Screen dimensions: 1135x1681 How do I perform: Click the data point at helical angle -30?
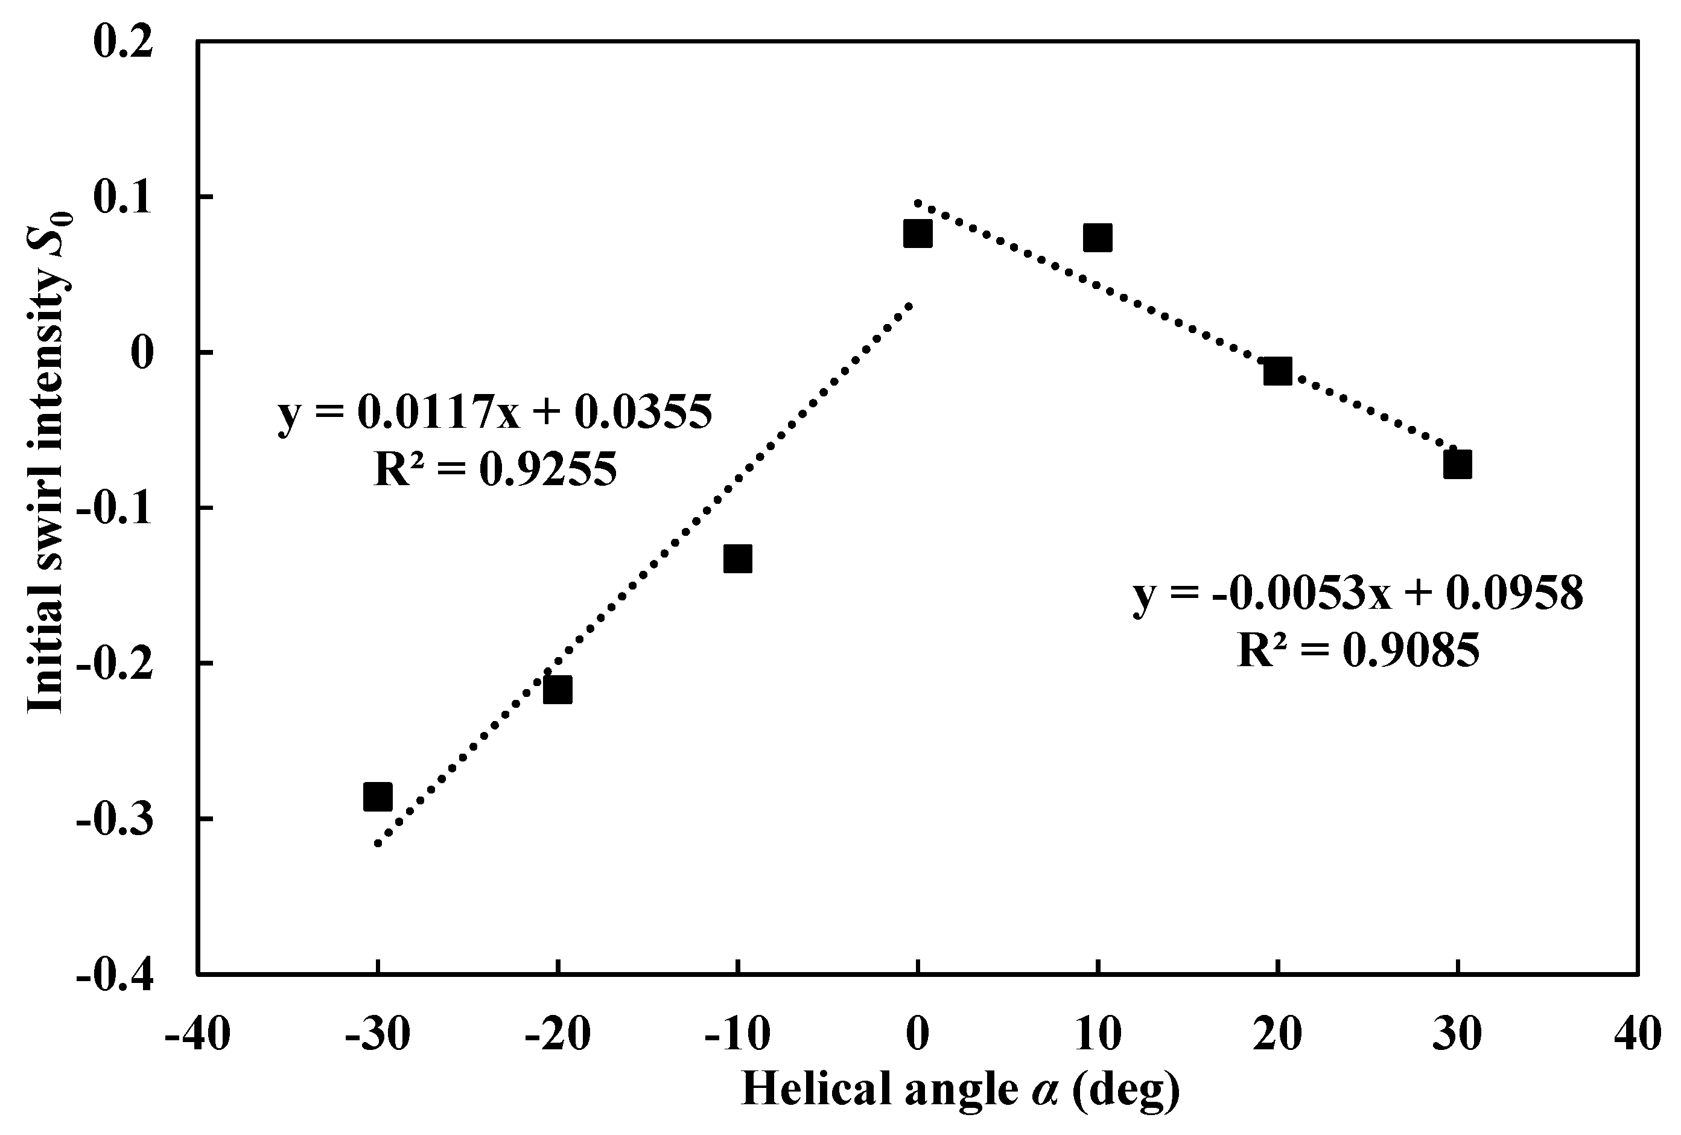point(378,796)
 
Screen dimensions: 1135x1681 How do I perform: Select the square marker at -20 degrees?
point(558,690)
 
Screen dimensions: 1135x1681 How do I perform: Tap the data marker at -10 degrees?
point(738,559)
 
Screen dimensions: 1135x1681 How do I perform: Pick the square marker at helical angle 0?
point(917,234)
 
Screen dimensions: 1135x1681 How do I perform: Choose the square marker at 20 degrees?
point(1277,371)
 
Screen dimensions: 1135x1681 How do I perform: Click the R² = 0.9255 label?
point(495,469)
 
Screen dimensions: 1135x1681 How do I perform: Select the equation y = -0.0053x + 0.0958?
point(1358,594)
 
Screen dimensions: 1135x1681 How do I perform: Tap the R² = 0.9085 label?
point(1358,650)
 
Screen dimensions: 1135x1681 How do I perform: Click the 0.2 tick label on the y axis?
point(123,42)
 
